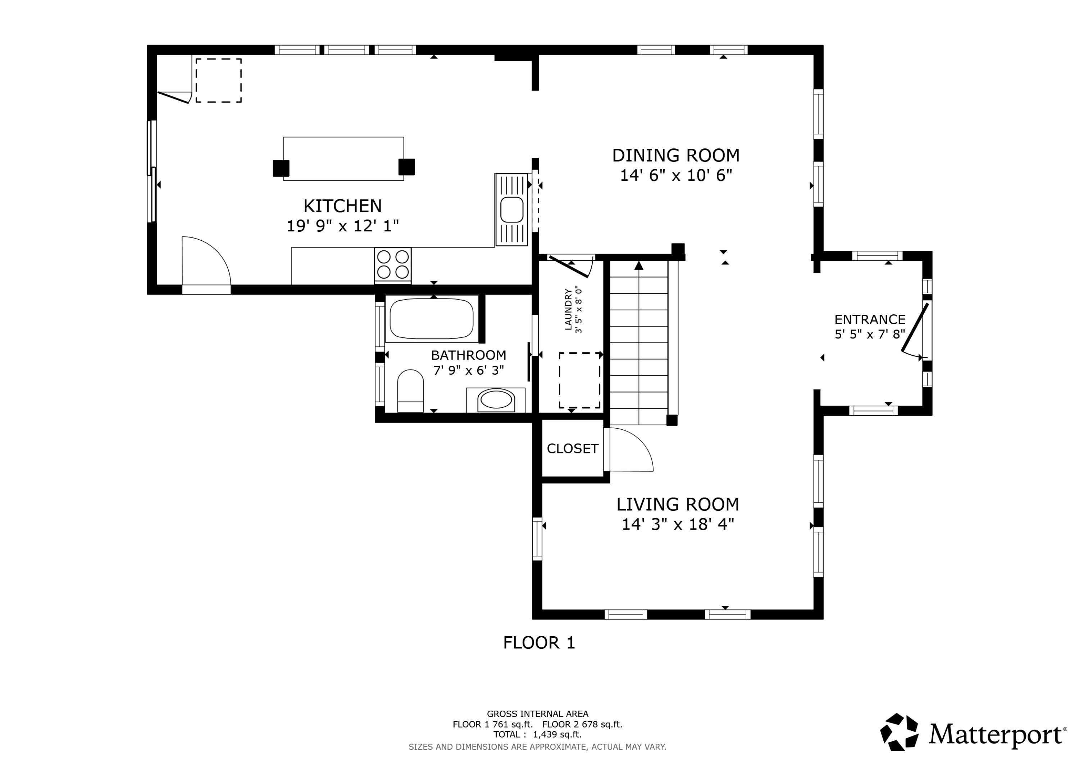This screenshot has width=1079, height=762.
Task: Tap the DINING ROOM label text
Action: [675, 156]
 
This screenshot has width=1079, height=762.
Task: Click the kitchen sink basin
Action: [512, 210]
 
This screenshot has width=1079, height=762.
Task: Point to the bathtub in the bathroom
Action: [431, 318]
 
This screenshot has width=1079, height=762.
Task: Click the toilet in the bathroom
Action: [410, 391]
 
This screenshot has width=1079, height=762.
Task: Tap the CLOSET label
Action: [572, 448]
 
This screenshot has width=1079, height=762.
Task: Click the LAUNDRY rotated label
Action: [568, 310]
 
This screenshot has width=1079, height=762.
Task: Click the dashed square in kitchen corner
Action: [219, 80]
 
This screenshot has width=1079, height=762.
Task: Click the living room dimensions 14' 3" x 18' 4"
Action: [678, 524]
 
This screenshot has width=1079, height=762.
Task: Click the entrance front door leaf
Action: [915, 327]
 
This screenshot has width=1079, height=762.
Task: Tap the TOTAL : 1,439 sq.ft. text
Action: [537, 735]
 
